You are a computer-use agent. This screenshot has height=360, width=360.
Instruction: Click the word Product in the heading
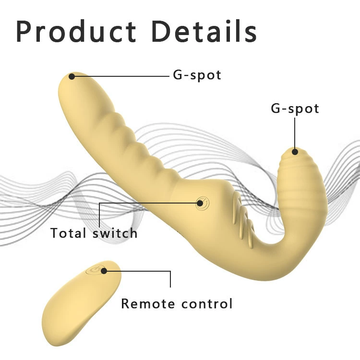(x=76, y=31)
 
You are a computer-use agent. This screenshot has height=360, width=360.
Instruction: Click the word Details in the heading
(x=204, y=31)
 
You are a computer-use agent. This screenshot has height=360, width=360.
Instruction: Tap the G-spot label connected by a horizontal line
(x=197, y=75)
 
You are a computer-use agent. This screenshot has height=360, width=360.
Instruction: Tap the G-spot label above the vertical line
(x=295, y=108)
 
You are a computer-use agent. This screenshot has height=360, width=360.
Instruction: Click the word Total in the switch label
(x=68, y=233)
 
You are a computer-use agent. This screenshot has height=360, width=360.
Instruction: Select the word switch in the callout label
(x=115, y=233)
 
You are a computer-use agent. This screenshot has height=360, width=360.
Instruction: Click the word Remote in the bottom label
(x=148, y=303)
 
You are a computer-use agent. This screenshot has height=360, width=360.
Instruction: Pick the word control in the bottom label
(x=207, y=303)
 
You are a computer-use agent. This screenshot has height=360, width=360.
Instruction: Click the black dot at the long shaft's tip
(x=72, y=76)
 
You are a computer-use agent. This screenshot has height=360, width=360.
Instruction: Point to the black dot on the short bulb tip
(x=295, y=152)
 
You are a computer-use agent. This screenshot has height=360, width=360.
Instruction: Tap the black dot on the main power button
(x=200, y=203)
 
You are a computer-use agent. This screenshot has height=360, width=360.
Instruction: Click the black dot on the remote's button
(x=104, y=271)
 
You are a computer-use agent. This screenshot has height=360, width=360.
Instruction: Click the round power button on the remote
(x=95, y=270)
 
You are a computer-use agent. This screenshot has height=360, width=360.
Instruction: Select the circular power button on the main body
(x=202, y=204)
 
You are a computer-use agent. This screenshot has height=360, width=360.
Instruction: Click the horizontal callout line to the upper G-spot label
(x=121, y=76)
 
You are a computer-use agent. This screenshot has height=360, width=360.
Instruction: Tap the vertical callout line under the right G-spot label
(x=295, y=135)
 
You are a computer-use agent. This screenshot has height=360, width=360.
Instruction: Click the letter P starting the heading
(x=24, y=31)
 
